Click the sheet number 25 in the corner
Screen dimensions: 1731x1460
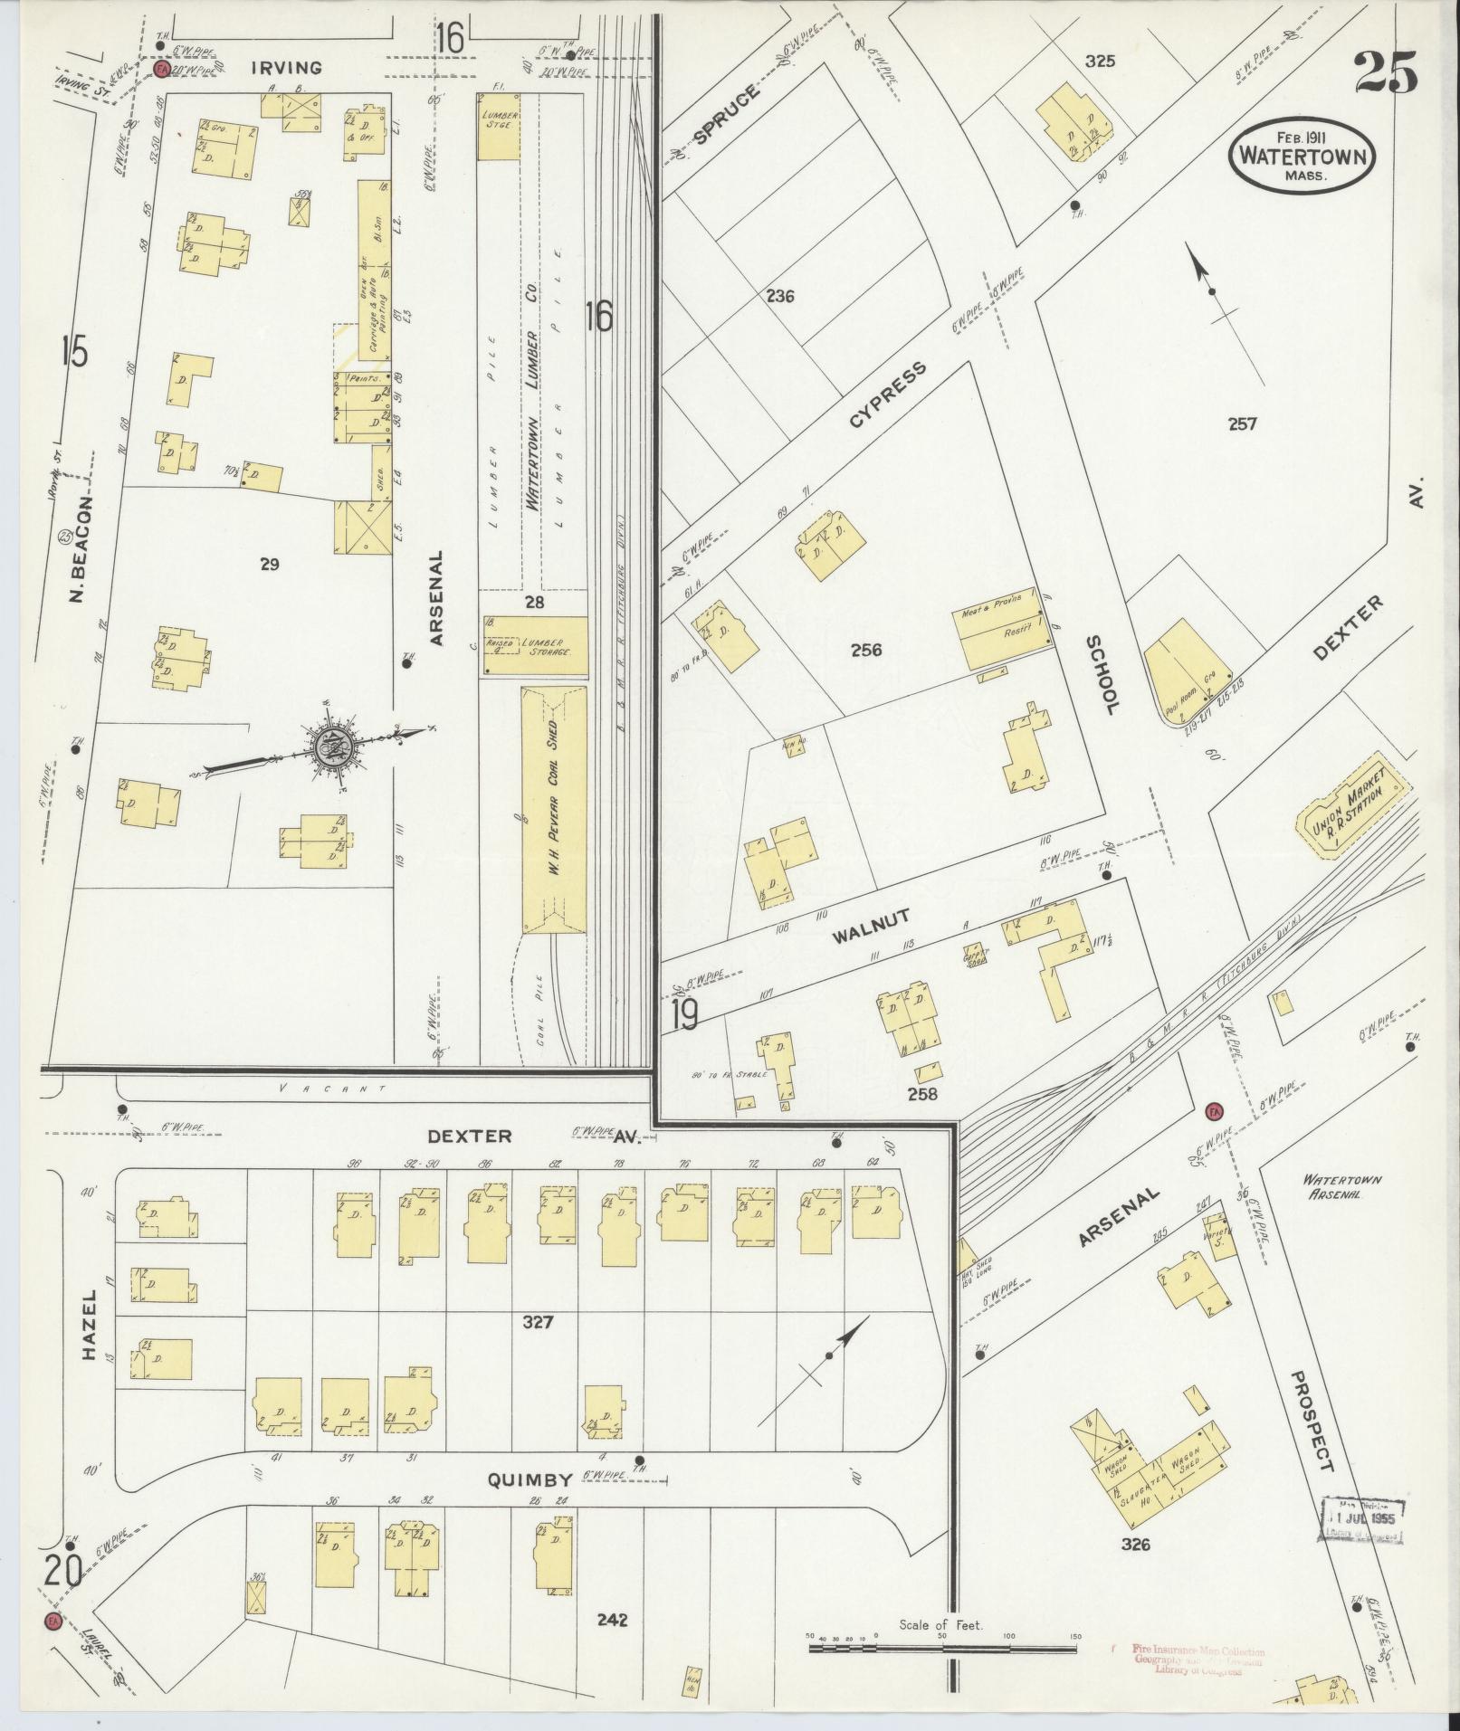coord(1386,71)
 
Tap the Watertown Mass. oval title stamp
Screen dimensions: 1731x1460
coord(1303,156)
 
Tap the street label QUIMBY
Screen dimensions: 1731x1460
coord(530,1480)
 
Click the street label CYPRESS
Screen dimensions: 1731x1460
coord(888,395)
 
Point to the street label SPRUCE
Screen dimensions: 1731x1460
coord(726,115)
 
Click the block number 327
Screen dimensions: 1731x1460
coord(538,1322)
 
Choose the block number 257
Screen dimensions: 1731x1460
coord(1242,423)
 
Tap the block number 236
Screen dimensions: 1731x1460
coord(779,296)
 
